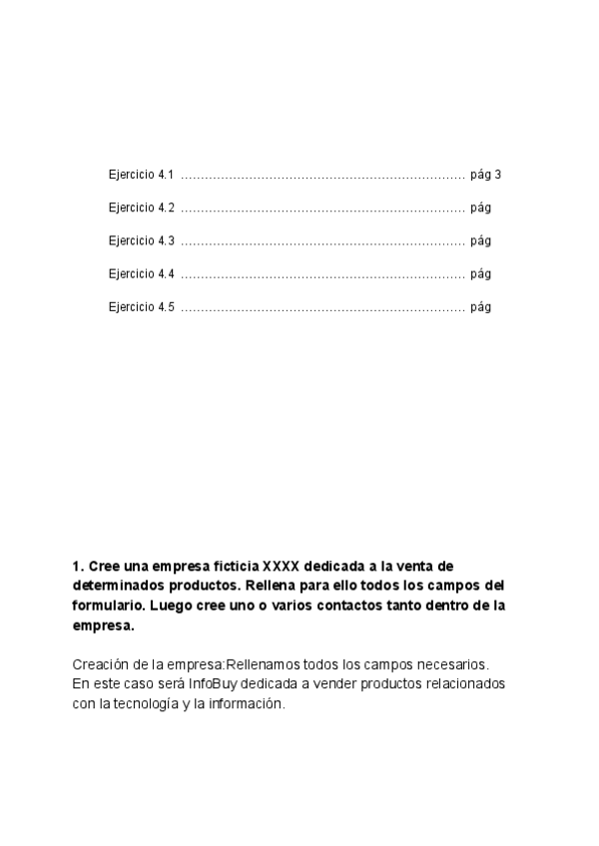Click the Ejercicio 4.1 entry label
[x=141, y=175]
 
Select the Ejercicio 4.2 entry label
[x=141, y=208]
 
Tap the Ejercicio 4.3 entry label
[x=141, y=240]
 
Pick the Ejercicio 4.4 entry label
[x=141, y=273]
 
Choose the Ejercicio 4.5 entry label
[x=141, y=307]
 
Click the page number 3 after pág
[x=497, y=175]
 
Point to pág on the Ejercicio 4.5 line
[x=480, y=307]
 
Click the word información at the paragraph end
[x=247, y=703]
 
